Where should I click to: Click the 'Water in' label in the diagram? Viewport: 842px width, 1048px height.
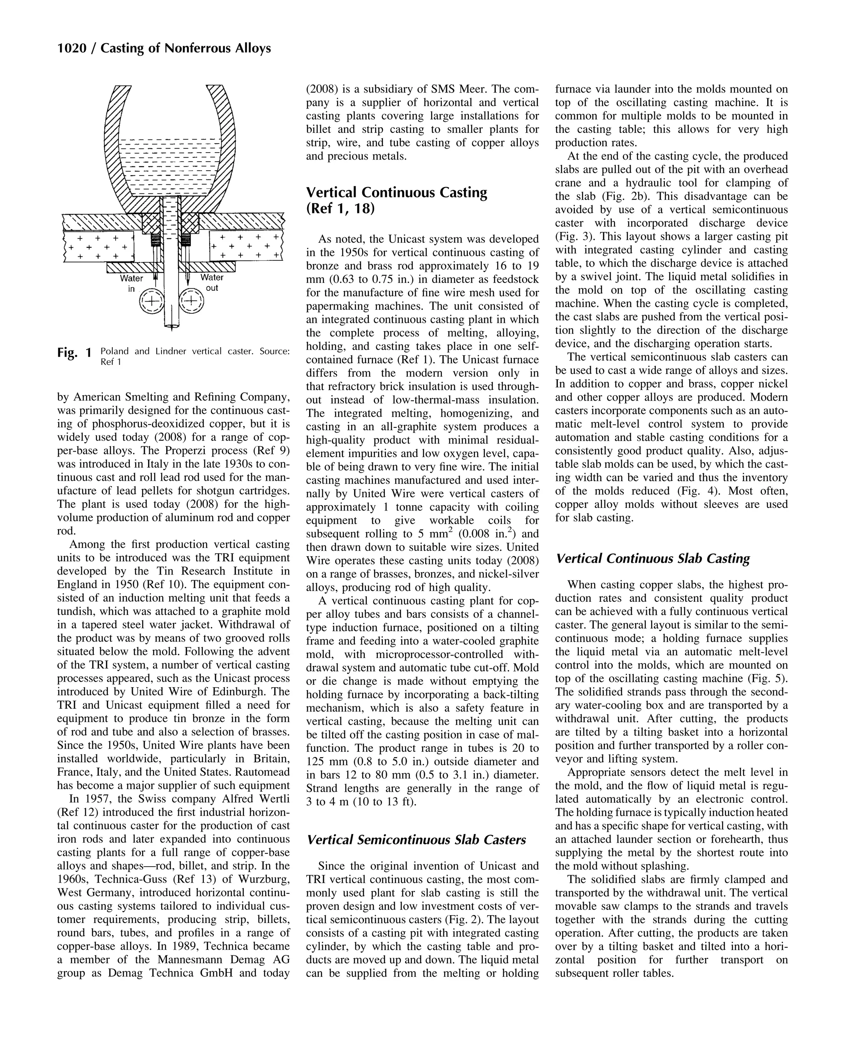pos(131,283)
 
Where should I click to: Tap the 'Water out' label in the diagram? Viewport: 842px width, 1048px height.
pos(212,283)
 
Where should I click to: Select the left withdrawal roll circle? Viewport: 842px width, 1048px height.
pos(152,301)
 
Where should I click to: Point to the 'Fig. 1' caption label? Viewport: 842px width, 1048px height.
pos(74,352)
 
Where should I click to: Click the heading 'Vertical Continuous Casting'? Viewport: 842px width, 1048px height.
pos(396,192)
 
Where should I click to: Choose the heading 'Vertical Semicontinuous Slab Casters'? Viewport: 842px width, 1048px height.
pos(416,839)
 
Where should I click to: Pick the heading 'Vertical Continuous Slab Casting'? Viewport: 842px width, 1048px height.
pos(652,558)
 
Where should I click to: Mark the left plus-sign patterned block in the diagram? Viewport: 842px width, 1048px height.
pos(99,246)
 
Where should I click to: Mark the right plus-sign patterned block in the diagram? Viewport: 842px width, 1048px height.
pos(245,246)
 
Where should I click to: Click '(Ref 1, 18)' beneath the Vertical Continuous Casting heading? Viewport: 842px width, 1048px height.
pos(340,209)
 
